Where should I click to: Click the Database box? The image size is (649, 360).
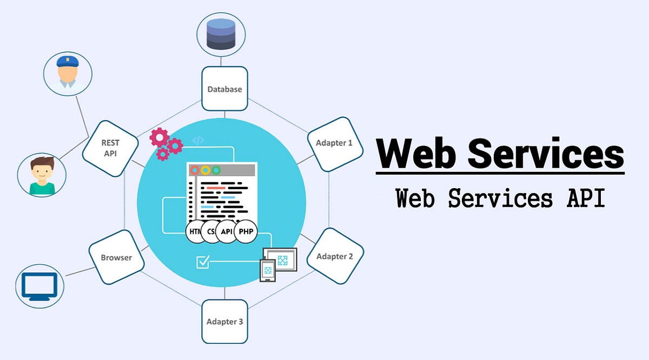[x=224, y=89]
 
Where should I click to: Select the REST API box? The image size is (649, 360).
[x=110, y=148]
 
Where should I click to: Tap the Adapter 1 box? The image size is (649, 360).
[x=334, y=143]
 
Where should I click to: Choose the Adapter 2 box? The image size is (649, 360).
[x=335, y=256]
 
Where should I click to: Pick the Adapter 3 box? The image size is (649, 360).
[x=224, y=322]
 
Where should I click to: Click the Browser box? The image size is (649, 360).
[x=116, y=257]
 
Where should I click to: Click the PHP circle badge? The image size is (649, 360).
[x=245, y=231]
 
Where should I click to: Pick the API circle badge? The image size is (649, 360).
[x=227, y=231]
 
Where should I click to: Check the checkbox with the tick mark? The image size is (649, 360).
[x=203, y=262]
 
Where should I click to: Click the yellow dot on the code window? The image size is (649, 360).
[x=206, y=170]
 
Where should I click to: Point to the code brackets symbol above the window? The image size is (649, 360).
[x=198, y=141]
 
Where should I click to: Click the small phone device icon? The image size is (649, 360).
[x=267, y=270]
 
